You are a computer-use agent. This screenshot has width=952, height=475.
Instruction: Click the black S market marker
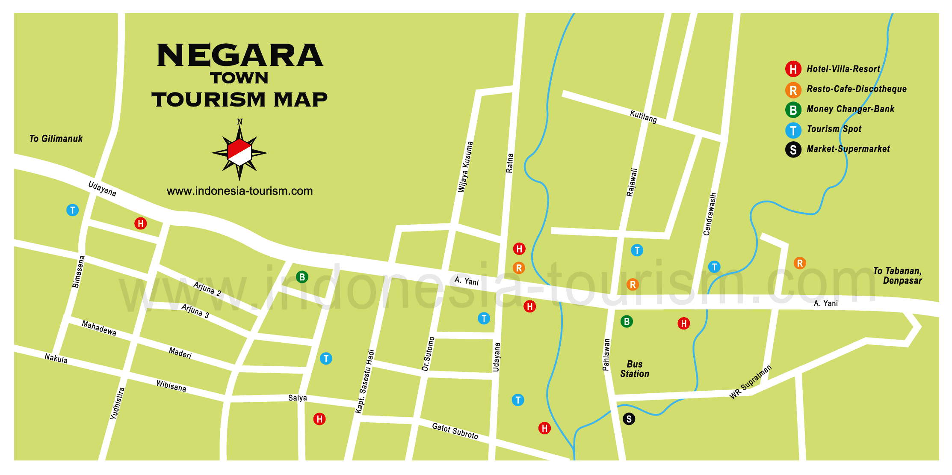click(x=629, y=419)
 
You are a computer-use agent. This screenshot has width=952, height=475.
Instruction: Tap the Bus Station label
click(x=635, y=369)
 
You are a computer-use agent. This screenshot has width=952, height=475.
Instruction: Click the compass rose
click(x=239, y=152)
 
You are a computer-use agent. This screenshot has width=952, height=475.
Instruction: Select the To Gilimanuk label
click(x=56, y=139)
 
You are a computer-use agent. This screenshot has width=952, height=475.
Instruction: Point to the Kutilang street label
click(x=643, y=116)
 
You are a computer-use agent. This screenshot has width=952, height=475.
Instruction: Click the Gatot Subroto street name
click(x=455, y=431)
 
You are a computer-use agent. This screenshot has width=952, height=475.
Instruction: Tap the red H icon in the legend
click(x=793, y=69)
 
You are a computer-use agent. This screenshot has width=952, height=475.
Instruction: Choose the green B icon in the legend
click(x=793, y=110)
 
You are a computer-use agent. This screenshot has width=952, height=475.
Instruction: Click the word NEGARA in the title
click(x=240, y=56)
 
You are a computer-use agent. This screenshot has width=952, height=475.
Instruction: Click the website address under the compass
click(x=239, y=191)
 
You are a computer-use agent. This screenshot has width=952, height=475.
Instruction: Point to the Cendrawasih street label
click(x=710, y=214)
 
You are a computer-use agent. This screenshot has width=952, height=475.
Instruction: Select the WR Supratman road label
click(x=751, y=382)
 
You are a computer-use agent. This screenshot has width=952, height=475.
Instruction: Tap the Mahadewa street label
click(x=99, y=328)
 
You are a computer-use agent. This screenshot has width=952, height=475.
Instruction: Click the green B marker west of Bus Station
click(x=627, y=321)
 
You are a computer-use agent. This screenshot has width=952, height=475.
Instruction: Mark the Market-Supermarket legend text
click(x=848, y=149)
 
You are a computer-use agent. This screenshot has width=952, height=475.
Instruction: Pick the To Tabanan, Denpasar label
click(x=898, y=276)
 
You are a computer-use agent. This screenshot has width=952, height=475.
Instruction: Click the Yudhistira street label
click(x=118, y=403)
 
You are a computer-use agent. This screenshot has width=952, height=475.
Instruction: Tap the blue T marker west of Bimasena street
click(x=73, y=210)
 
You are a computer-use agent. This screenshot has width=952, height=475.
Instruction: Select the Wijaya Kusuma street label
click(x=466, y=167)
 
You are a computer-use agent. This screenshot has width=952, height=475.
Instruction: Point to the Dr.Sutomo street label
click(x=428, y=354)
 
